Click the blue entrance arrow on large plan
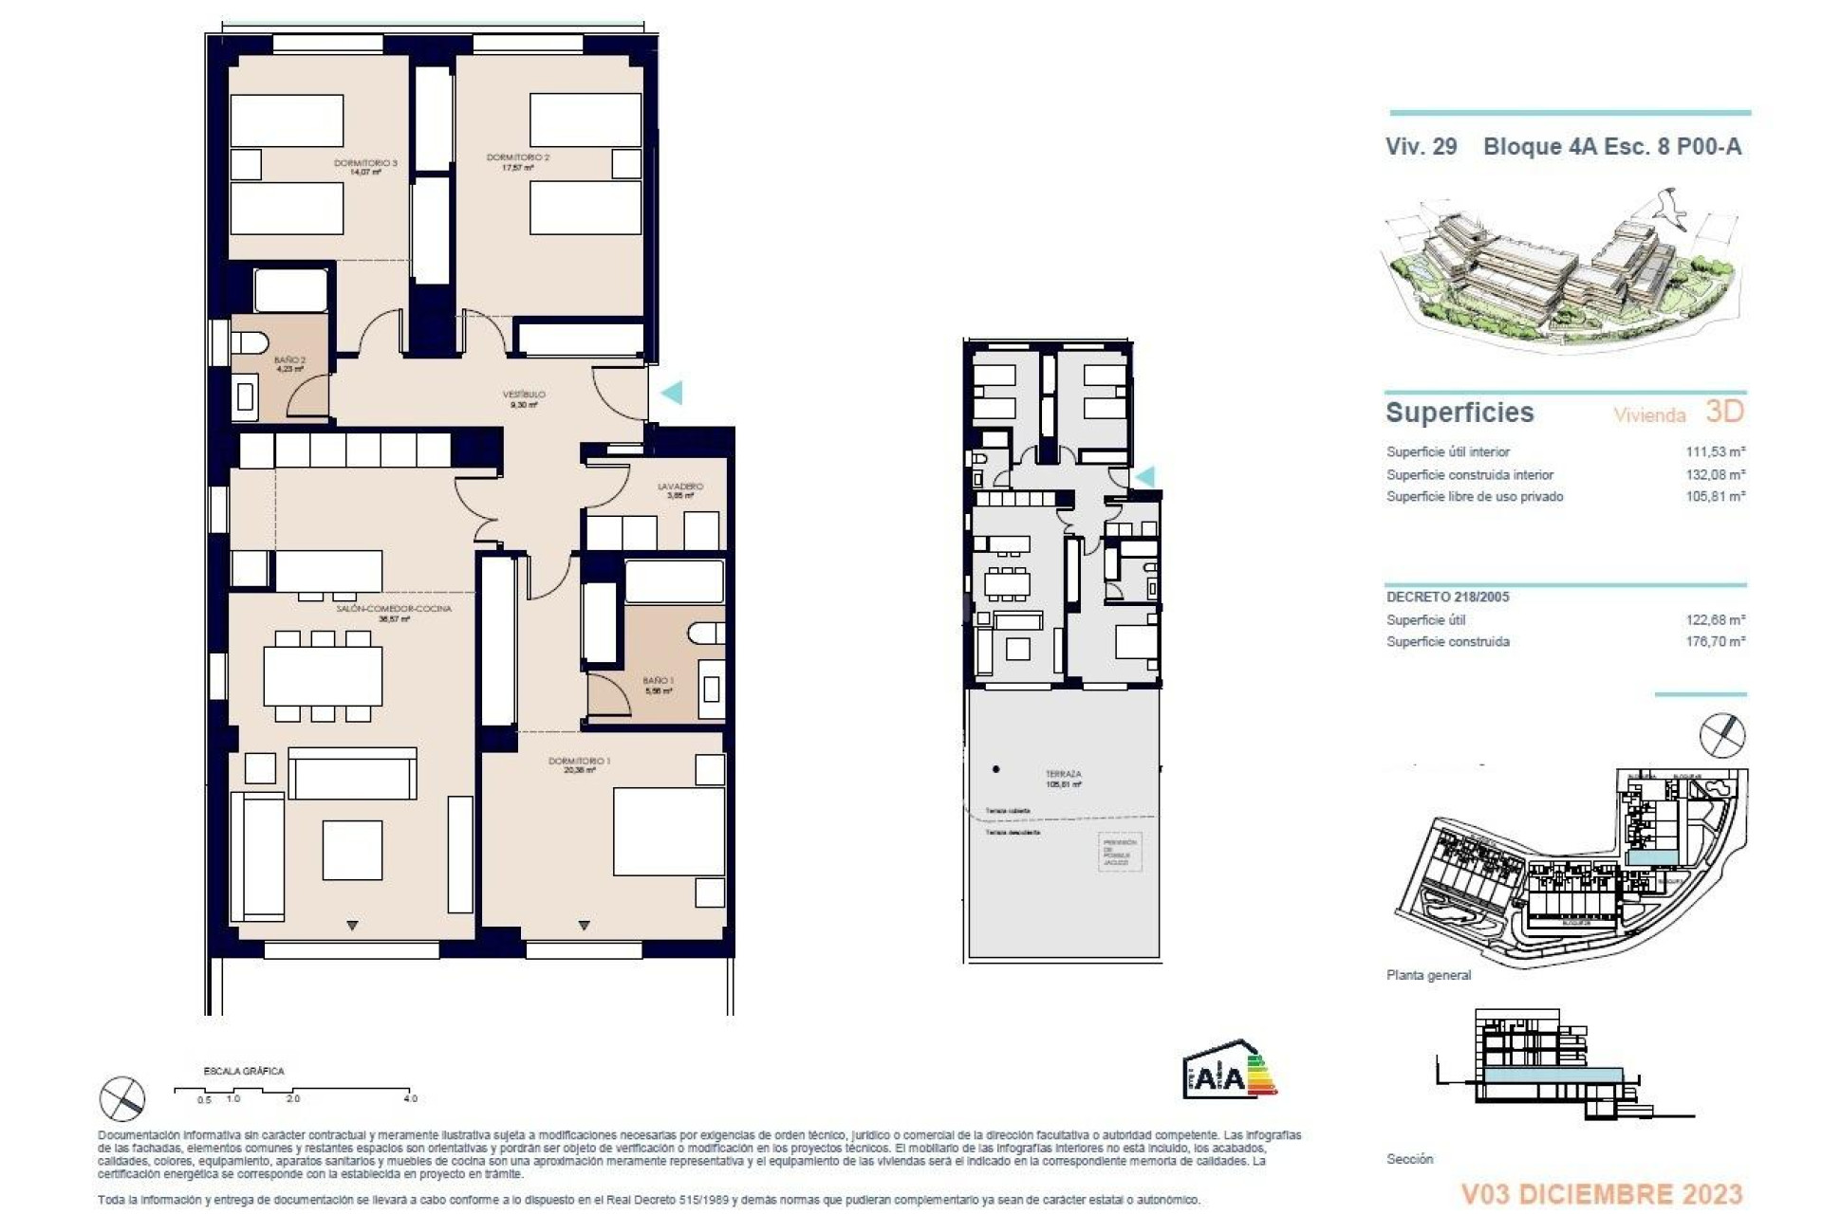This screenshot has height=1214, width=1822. click(672, 392)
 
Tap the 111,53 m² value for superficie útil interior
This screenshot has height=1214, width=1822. click(1715, 452)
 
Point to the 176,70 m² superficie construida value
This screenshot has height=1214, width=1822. click(1715, 642)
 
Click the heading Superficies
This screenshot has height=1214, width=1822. click(1459, 413)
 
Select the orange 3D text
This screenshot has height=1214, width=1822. click(1724, 411)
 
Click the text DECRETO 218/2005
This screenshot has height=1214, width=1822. click(1447, 597)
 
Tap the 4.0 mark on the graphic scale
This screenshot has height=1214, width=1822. click(410, 1098)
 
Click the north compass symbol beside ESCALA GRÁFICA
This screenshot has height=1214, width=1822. click(122, 1098)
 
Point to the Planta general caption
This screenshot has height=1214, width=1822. click(1428, 975)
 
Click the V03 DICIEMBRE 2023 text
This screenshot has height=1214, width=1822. click(1601, 1193)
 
